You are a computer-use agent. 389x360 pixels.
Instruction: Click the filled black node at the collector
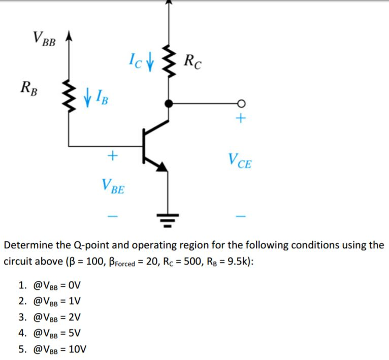pyautogui.click(x=168, y=103)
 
